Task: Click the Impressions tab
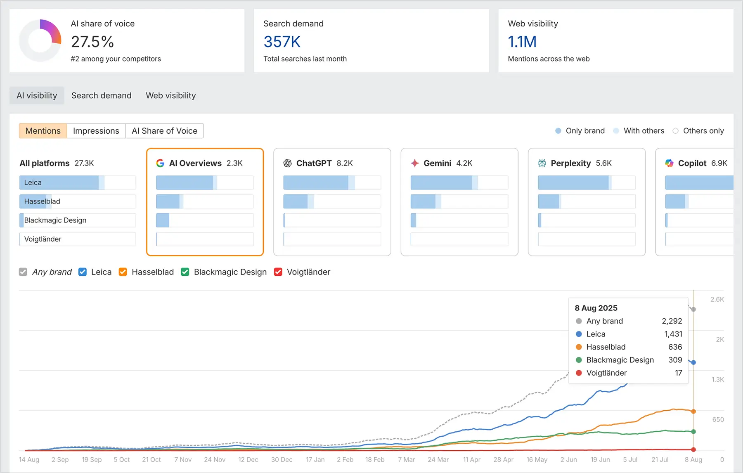[x=96, y=131]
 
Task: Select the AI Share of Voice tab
[x=164, y=131]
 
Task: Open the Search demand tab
[x=101, y=95]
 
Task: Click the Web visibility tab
[x=170, y=95]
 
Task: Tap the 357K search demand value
[x=282, y=42]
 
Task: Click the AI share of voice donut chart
[x=40, y=40]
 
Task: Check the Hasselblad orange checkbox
[x=123, y=272]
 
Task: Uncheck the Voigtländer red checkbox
[x=278, y=272]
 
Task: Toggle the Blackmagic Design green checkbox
[x=185, y=272]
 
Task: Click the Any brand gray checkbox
[x=23, y=272]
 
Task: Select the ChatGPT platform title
[x=314, y=163]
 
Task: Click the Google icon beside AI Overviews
[x=160, y=163]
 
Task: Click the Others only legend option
[x=698, y=131]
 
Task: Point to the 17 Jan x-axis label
[x=315, y=459]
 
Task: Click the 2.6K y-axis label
[x=717, y=299]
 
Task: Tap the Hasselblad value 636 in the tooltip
[x=675, y=347]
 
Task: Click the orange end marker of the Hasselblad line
[x=693, y=412]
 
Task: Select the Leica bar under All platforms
[x=77, y=182]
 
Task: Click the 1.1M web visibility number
[x=522, y=42]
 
